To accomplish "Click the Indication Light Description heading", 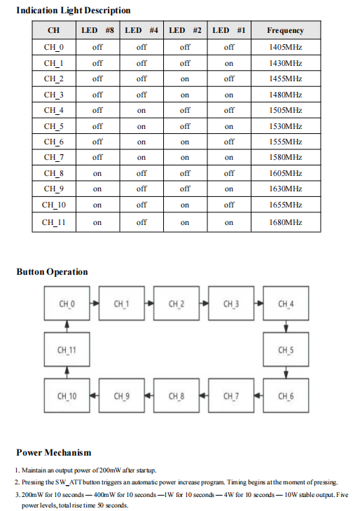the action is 74,11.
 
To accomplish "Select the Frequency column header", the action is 285,30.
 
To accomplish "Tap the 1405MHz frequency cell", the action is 285,47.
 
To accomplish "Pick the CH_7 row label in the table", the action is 54,157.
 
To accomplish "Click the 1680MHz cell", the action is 285,222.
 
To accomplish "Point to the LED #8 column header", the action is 97,30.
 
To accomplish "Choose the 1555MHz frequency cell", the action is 285,142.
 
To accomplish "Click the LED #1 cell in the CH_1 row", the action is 229,63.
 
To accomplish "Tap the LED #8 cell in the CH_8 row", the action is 97,173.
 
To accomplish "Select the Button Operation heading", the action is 52,272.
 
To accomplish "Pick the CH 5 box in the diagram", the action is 286,350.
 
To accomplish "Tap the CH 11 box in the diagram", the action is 67,350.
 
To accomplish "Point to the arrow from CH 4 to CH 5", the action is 286,327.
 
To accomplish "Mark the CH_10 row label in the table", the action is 54,205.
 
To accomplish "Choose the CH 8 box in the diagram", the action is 176,396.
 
